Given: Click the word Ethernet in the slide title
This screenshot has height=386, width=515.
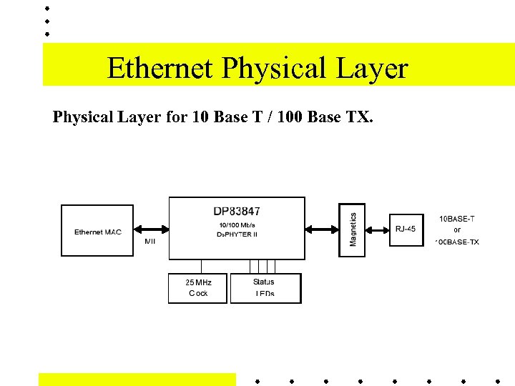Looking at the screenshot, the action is [160, 69].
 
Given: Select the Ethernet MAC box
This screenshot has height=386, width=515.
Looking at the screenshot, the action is [97, 231].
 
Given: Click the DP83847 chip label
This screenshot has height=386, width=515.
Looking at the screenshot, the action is [237, 211].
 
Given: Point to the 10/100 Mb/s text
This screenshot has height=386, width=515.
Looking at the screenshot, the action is [237, 225].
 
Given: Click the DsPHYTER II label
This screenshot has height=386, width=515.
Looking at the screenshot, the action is [237, 234].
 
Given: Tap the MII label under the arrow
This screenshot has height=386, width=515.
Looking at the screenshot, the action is [149, 242].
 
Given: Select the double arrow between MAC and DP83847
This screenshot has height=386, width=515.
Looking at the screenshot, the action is [152, 229].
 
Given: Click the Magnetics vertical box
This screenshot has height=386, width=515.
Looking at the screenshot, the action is [352, 229].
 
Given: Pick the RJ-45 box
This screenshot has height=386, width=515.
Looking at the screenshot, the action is [406, 229].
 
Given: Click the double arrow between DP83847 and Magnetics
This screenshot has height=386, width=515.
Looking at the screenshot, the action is [321, 229].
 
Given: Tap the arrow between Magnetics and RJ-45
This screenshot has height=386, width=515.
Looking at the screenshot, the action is [377, 229].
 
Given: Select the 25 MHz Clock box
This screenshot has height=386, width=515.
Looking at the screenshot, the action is [198, 288].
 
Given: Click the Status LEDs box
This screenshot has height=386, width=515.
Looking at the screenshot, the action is [265, 288].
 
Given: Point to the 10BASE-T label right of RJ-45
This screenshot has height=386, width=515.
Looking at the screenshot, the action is [456, 219].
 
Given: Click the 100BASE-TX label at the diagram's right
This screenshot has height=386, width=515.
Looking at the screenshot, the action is [457, 242].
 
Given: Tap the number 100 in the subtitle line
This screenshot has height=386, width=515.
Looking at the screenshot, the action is [287, 117].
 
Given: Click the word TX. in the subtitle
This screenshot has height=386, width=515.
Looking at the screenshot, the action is [360, 117].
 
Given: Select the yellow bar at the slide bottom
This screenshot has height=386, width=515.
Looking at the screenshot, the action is [137, 379].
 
